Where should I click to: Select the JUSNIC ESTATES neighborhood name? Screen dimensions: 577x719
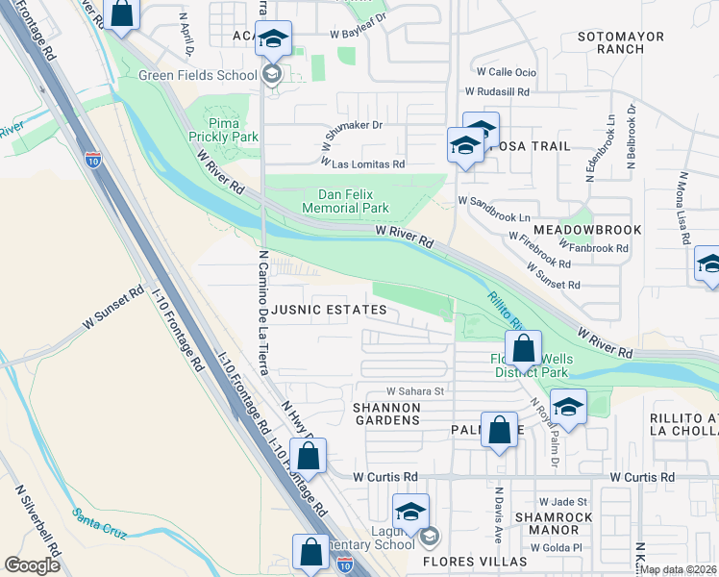tap(329, 310)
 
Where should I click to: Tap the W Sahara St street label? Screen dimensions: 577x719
tap(415, 391)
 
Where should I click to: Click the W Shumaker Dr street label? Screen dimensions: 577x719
tap(353, 125)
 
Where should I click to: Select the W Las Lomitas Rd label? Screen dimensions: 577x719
tap(362, 163)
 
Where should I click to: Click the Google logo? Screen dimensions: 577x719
tap(32, 565)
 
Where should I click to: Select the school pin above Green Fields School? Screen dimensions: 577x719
tap(273, 39)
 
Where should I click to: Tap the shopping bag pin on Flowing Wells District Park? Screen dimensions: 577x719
tap(523, 347)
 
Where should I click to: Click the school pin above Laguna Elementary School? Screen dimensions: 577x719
tap(410, 511)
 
